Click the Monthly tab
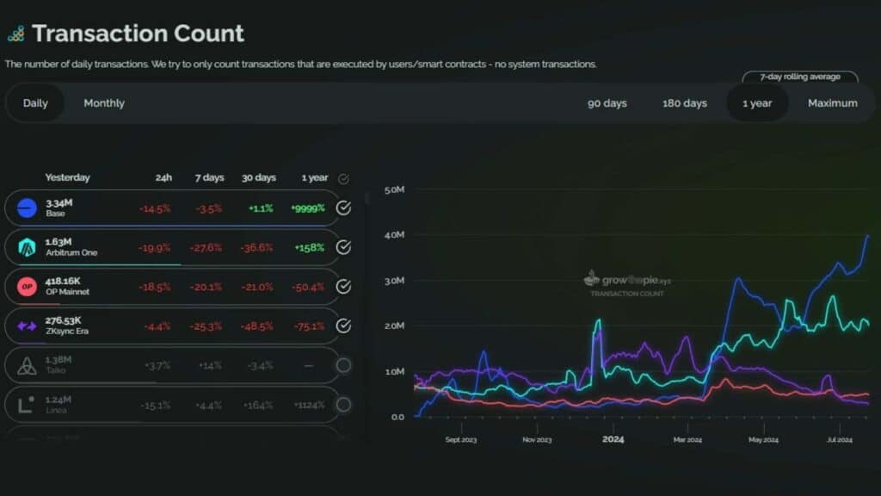click(x=104, y=103)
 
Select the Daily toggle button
click(x=35, y=103)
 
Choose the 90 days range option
click(x=607, y=103)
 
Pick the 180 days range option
click(x=685, y=103)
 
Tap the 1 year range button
click(x=757, y=103)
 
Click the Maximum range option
click(x=832, y=103)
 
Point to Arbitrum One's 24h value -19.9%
click(x=155, y=248)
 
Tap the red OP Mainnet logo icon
click(x=27, y=287)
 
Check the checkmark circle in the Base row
click(x=343, y=208)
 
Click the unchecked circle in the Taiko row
click(x=343, y=365)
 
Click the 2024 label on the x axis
click(x=613, y=439)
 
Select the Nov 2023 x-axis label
click(x=538, y=440)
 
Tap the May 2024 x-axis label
click(x=762, y=440)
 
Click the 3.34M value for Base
click(x=59, y=202)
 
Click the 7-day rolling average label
click(x=800, y=77)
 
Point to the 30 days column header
click(x=258, y=177)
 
